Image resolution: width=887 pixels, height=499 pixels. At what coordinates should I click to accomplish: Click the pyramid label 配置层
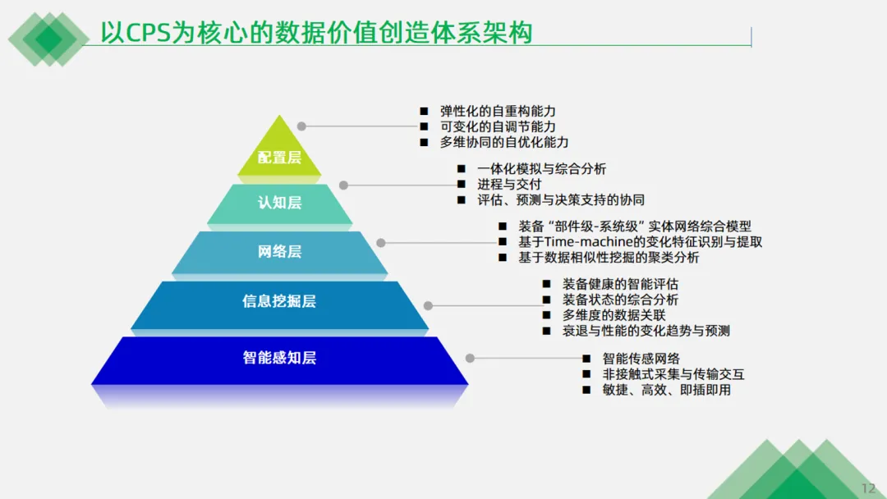[x=279, y=158]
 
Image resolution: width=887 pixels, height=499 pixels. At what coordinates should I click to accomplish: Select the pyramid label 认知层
[x=279, y=202]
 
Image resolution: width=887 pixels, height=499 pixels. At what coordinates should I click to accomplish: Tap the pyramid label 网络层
[x=279, y=251]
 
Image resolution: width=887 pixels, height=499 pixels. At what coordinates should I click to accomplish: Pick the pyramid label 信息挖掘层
[x=279, y=301]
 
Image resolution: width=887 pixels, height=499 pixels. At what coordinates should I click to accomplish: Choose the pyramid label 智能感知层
[x=279, y=358]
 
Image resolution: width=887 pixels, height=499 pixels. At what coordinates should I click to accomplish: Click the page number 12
[x=868, y=488]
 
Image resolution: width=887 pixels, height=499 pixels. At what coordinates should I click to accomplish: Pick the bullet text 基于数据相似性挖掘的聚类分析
[x=609, y=258]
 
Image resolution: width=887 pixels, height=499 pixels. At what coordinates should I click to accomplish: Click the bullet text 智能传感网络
[x=641, y=359]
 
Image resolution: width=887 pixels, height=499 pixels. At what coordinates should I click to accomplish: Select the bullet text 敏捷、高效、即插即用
[x=666, y=390]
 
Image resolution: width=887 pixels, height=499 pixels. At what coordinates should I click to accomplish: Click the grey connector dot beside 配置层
[x=301, y=126]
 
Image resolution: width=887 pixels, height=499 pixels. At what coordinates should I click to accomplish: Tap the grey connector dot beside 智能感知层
[x=470, y=358]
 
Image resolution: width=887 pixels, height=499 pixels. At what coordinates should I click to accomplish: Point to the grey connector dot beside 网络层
[x=381, y=242]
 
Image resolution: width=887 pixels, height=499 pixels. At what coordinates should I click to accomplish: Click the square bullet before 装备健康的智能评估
[x=546, y=284]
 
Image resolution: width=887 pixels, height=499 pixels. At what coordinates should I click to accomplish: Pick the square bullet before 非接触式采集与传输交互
[x=586, y=374]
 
